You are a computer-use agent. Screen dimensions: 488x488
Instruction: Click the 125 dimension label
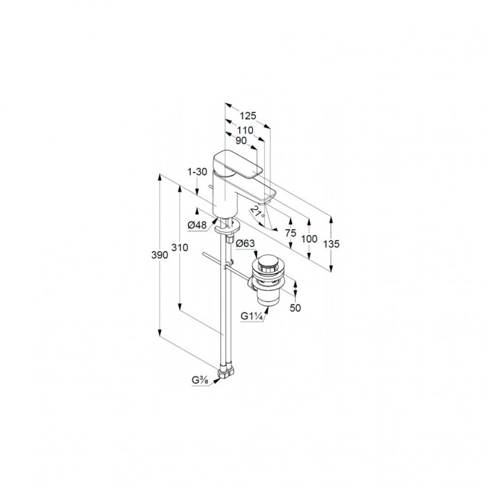pyautogui.click(x=247, y=116)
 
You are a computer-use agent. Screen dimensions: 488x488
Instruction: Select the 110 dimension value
pyautogui.click(x=245, y=130)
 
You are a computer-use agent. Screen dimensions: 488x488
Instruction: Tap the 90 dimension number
pyautogui.click(x=241, y=141)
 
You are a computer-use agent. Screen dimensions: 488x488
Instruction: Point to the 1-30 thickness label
pyautogui.click(x=197, y=171)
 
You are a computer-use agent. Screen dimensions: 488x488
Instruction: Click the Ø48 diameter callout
pyautogui.click(x=197, y=224)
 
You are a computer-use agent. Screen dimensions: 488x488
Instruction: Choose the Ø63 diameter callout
pyautogui.click(x=245, y=243)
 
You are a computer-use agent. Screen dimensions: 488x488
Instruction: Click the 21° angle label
pyautogui.click(x=258, y=213)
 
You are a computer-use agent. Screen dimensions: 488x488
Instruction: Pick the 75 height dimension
pyautogui.click(x=291, y=233)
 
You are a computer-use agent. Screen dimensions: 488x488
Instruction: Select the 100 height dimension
pyautogui.click(x=309, y=239)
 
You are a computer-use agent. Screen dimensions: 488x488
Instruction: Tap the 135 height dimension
pyautogui.click(x=331, y=244)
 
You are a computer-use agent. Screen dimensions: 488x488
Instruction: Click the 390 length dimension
pyautogui.click(x=160, y=255)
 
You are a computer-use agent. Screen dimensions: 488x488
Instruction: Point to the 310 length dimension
pyautogui.click(x=180, y=247)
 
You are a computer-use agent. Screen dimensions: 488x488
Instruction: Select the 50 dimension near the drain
pyautogui.click(x=295, y=308)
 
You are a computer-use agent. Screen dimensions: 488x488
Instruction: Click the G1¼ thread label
pyautogui.click(x=252, y=317)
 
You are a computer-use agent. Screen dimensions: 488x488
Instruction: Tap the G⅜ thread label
pyautogui.click(x=200, y=381)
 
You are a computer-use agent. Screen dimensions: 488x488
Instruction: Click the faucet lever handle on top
pyautogui.click(x=238, y=165)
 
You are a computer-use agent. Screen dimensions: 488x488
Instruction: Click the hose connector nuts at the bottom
pyautogui.click(x=227, y=372)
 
